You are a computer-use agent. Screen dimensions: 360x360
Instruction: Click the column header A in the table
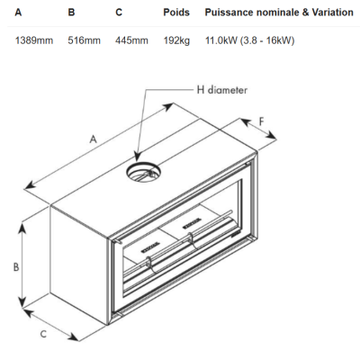pos(18,13)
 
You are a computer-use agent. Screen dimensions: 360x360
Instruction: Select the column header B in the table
pos(71,13)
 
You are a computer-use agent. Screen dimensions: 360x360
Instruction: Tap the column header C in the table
pos(119,13)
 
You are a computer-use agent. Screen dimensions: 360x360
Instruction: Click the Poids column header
pos(176,13)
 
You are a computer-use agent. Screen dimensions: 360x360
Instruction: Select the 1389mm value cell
pos(34,40)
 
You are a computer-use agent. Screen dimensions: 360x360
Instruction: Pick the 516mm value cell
pos(84,40)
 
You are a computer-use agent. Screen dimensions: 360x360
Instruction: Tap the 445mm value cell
pos(131,40)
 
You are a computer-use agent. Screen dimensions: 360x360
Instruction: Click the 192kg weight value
pos(176,40)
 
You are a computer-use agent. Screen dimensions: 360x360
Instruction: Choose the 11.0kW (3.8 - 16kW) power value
pos(249,40)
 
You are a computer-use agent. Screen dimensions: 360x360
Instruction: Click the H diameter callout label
pos(222,90)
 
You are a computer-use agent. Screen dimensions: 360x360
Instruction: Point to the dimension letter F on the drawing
pos(262,121)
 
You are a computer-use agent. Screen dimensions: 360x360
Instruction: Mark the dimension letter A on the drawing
pos(94,139)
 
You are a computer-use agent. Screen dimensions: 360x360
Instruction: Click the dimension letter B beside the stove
pos(16,266)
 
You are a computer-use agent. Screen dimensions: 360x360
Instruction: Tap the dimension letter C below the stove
pos(43,334)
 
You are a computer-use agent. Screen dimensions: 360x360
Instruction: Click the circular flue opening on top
pos(143,172)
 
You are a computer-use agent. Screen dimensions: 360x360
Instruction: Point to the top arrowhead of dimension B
pos(22,229)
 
